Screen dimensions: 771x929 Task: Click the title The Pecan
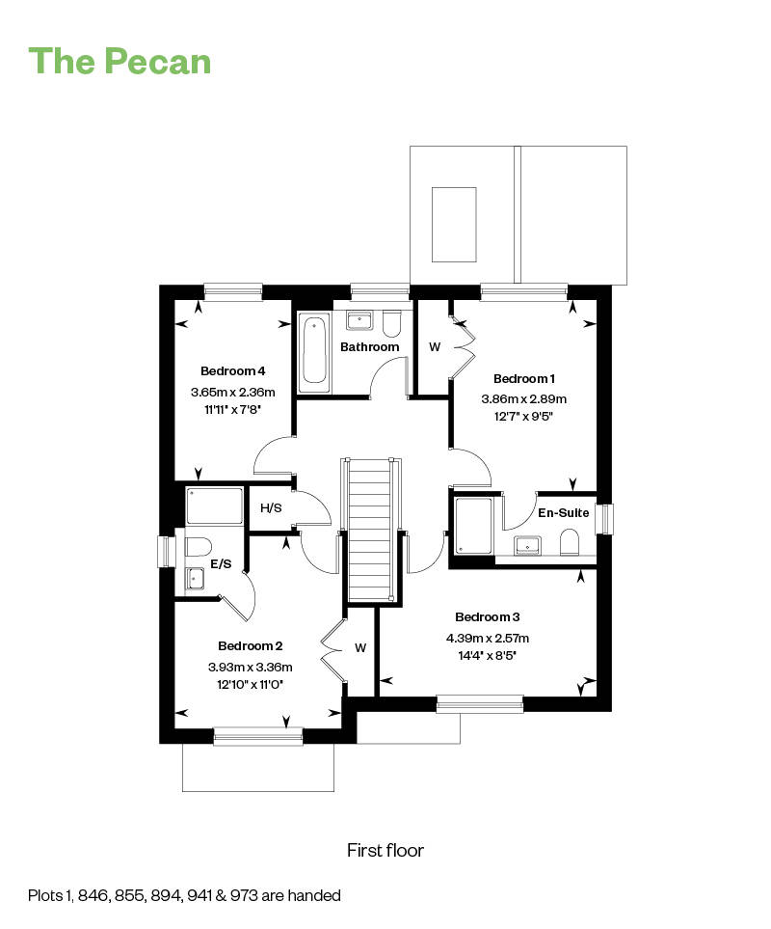(120, 61)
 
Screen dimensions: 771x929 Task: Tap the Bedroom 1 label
(523, 378)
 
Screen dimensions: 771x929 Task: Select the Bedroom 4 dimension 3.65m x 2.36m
(232, 393)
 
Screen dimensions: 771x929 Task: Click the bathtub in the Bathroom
(313, 349)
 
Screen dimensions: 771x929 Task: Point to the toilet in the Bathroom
(391, 323)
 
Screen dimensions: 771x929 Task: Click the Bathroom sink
(359, 320)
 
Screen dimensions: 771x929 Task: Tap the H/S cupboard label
(271, 507)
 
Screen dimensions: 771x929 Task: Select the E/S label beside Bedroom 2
(221, 564)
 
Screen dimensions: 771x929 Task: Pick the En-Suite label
(563, 512)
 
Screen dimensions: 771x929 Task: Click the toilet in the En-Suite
(569, 542)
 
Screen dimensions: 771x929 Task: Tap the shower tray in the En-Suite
(474, 526)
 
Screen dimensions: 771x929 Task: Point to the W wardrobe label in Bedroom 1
(435, 347)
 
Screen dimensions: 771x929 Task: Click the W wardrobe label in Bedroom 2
(360, 647)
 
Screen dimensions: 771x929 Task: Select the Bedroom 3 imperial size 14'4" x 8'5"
(488, 656)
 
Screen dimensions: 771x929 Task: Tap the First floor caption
(385, 850)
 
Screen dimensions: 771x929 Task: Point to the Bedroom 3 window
(480, 704)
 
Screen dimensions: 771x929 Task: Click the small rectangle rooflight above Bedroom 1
(454, 225)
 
